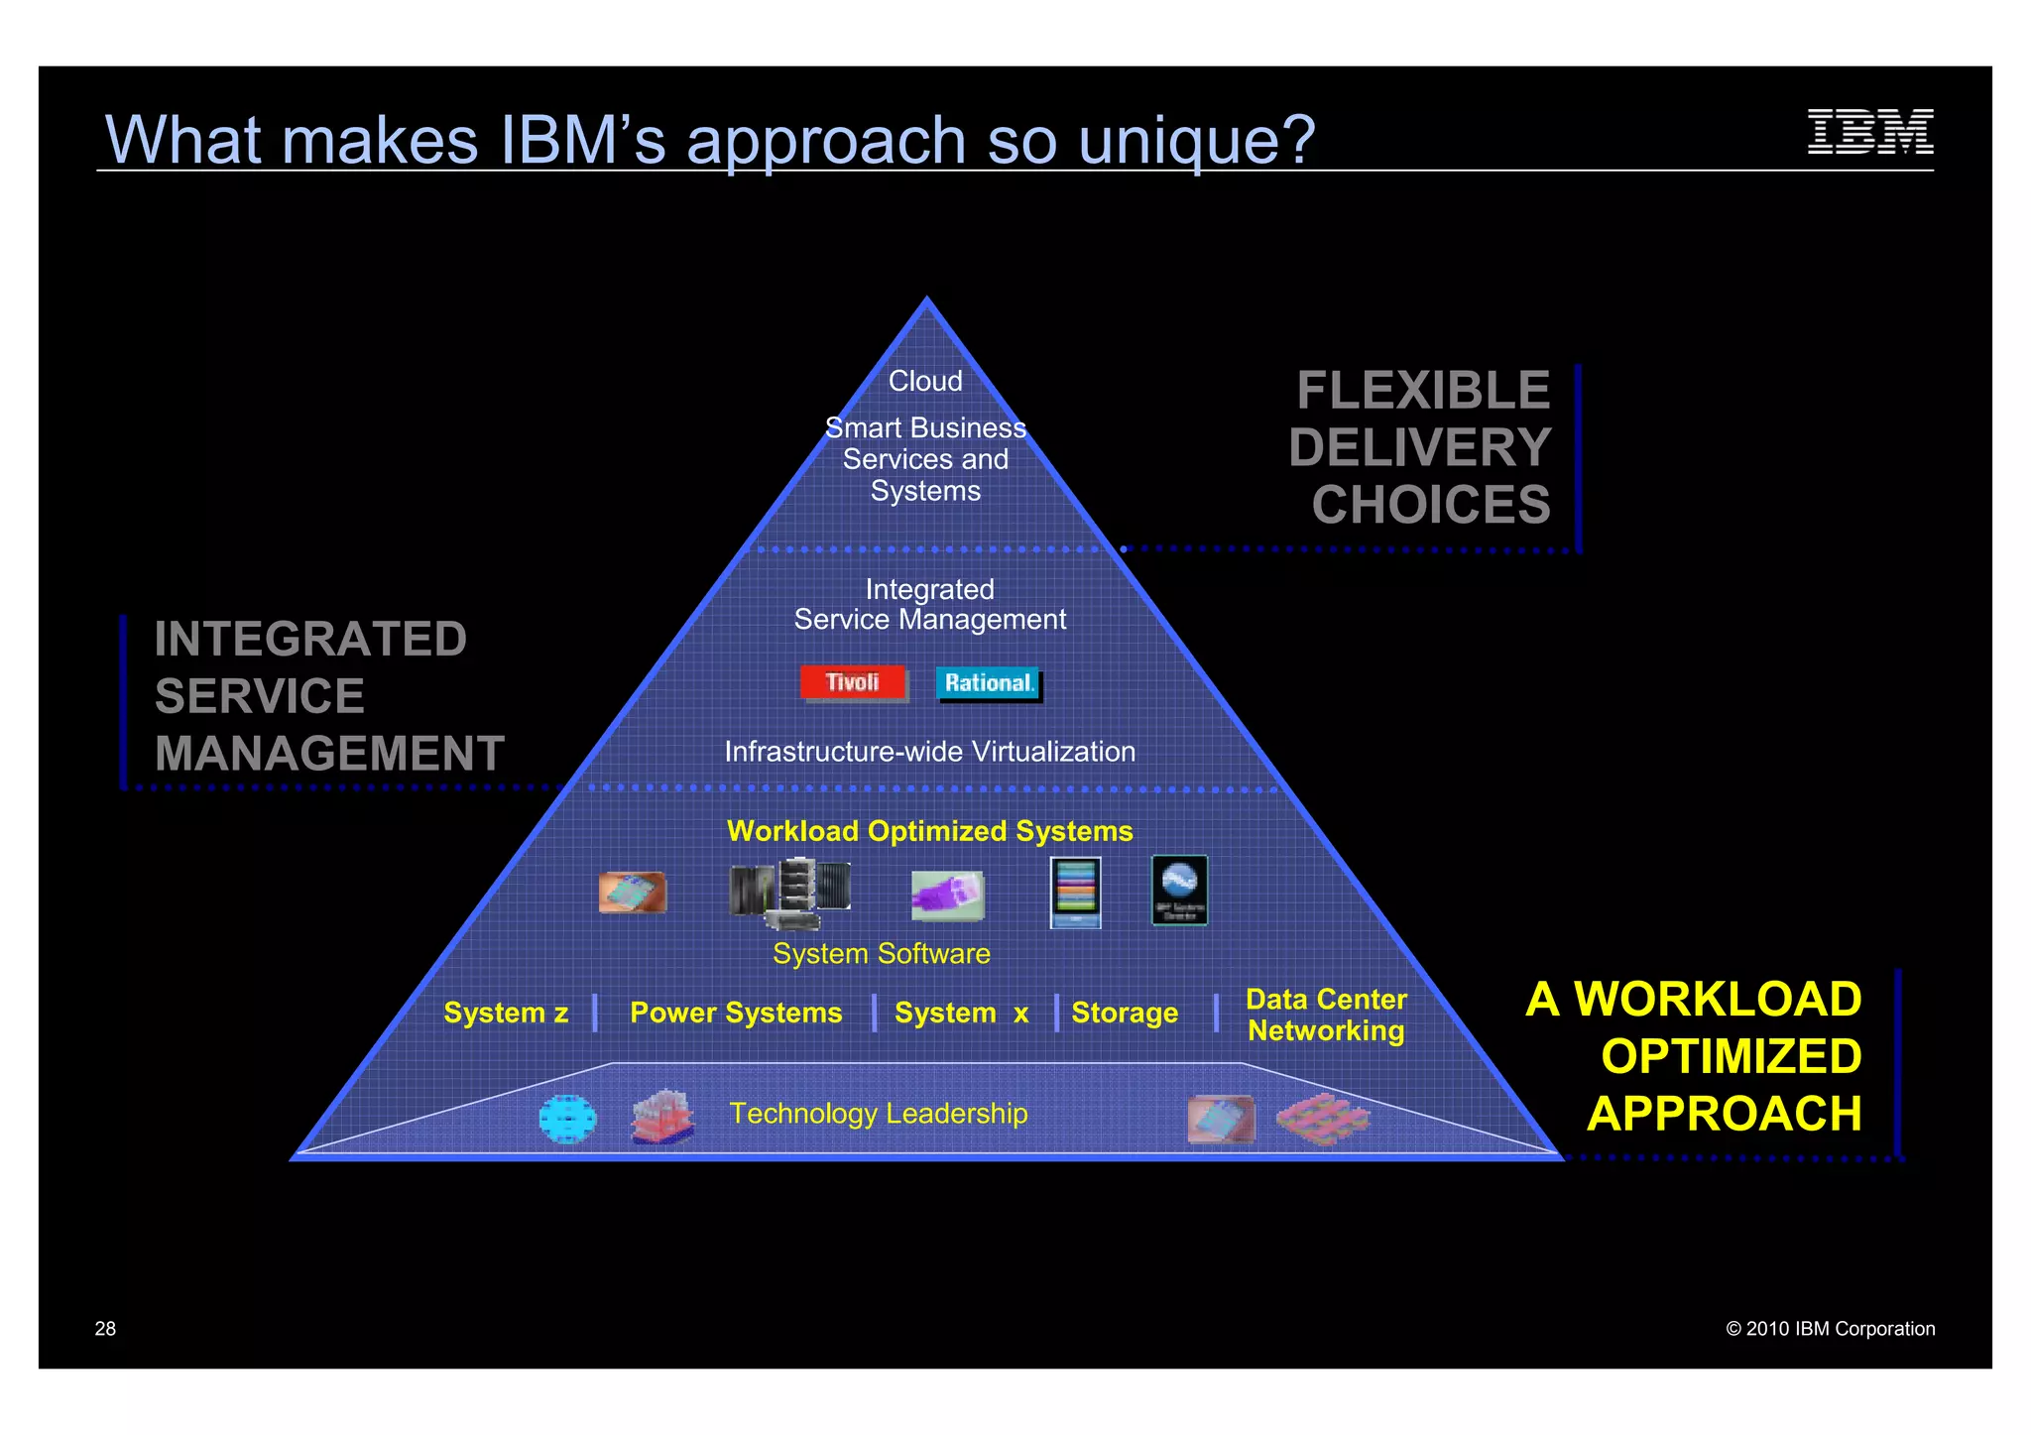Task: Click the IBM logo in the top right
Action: (1869, 132)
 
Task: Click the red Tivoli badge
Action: (853, 682)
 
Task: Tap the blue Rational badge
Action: (989, 682)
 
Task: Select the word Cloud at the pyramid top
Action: (925, 381)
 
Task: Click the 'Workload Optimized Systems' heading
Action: (929, 831)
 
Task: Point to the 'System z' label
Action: (506, 1013)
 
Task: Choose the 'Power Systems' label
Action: (736, 1013)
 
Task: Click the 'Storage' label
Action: (1125, 1013)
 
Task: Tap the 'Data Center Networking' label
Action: (1326, 1015)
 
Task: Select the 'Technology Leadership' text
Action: (879, 1114)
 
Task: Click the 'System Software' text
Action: (881, 953)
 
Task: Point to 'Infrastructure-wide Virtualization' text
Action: (929, 752)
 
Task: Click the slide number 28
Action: (105, 1329)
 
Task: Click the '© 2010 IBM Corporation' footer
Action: (1830, 1329)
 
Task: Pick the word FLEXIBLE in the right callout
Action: (1422, 390)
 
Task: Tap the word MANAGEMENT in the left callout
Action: (329, 753)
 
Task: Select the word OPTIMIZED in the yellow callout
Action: (1731, 1056)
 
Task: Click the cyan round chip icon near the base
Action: (567, 1120)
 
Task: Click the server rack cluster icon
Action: (789, 892)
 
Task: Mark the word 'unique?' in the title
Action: (1196, 140)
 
